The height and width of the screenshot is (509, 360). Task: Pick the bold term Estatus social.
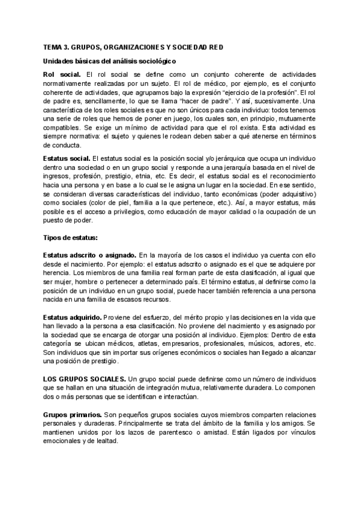pyautogui.click(x=67, y=157)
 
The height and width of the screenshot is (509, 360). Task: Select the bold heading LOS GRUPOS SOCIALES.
pyautogui.click(x=84, y=379)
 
